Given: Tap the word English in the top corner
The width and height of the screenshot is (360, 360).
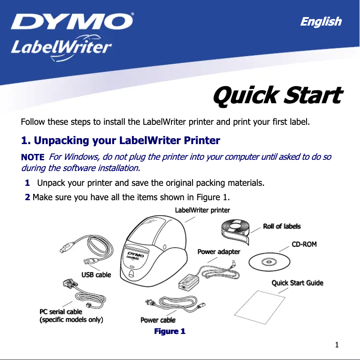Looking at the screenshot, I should (320, 22).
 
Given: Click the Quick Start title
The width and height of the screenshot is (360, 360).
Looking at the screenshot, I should (277, 96).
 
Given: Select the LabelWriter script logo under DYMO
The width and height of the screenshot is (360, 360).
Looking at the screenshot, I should (61, 47).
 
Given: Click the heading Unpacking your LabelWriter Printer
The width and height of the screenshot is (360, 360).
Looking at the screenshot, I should (121, 140).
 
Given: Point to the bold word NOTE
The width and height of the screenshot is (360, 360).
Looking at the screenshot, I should (33, 157).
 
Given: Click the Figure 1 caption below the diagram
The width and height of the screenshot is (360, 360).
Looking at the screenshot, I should (170, 331).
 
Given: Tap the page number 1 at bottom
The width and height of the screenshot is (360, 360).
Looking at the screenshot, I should (337, 345).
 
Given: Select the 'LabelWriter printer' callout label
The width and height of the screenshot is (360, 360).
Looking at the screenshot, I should (202, 210).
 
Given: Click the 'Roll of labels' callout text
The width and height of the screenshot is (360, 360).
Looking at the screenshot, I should (281, 226).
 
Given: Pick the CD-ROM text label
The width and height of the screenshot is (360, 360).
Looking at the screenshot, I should (304, 244).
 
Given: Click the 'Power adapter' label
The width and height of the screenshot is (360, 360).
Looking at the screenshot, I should (219, 252).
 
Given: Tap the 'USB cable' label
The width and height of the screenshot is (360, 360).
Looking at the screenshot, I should (96, 274).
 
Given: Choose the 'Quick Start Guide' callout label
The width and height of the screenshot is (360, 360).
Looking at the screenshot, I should (297, 283).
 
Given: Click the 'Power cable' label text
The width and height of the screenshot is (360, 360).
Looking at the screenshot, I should (158, 320).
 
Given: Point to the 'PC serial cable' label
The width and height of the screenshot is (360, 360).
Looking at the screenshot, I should (61, 312).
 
